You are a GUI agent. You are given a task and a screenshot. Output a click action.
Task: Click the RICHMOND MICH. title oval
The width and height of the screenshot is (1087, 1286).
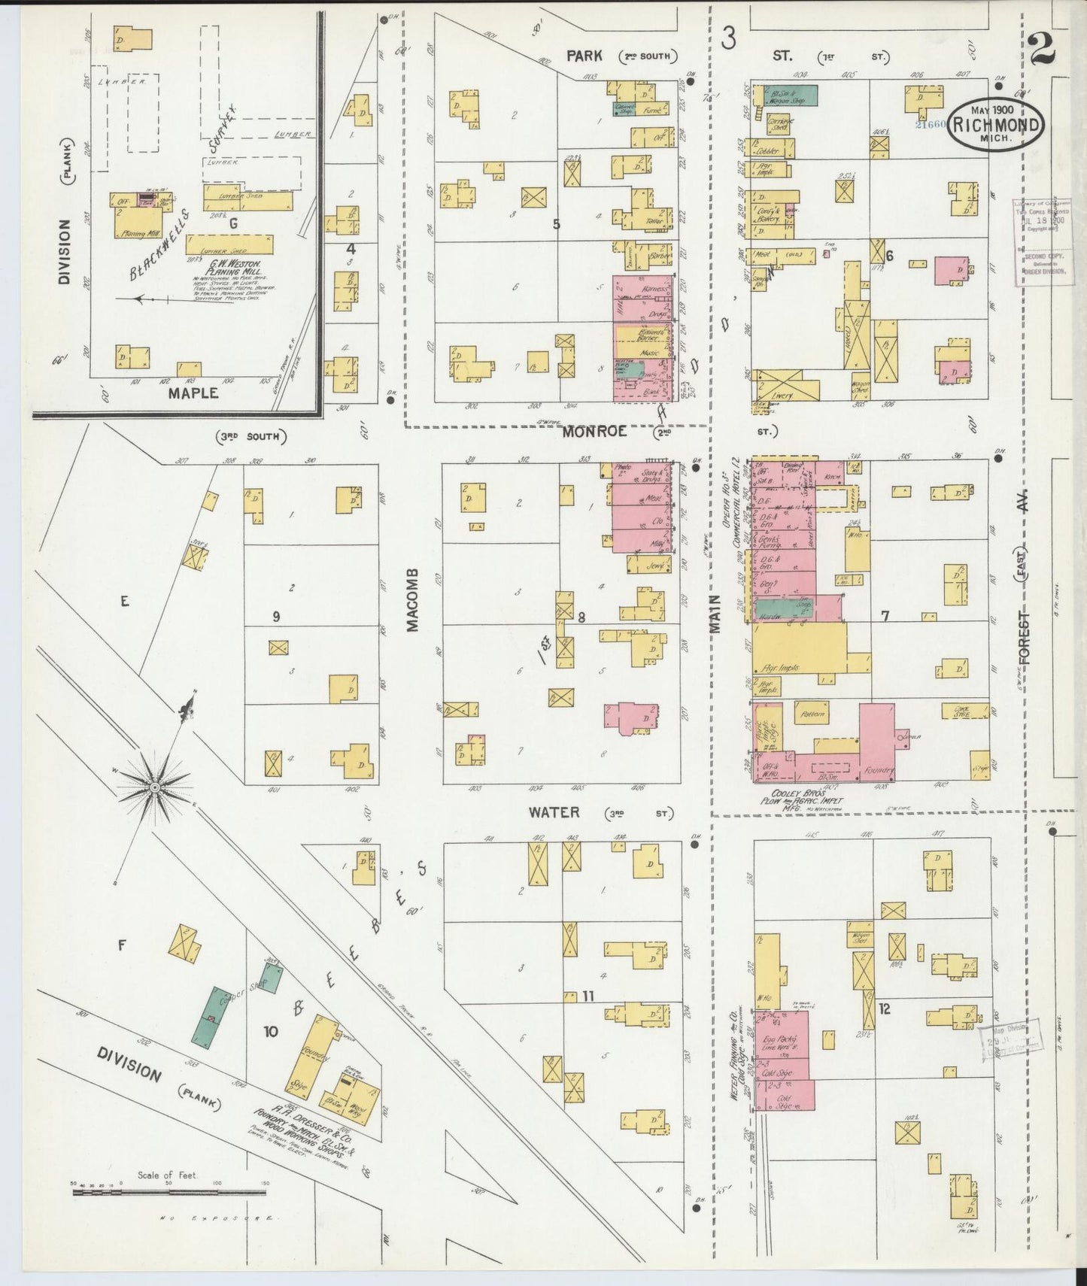pos(996,125)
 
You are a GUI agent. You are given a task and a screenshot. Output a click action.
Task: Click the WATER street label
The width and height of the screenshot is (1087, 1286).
pos(554,812)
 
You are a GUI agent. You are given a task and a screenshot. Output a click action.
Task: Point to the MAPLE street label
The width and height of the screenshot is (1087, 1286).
pos(193,392)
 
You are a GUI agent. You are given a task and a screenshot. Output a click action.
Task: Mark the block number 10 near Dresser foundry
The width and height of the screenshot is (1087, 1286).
pos(269,1031)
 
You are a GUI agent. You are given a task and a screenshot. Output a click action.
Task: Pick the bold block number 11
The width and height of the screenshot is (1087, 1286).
pos(588,996)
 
